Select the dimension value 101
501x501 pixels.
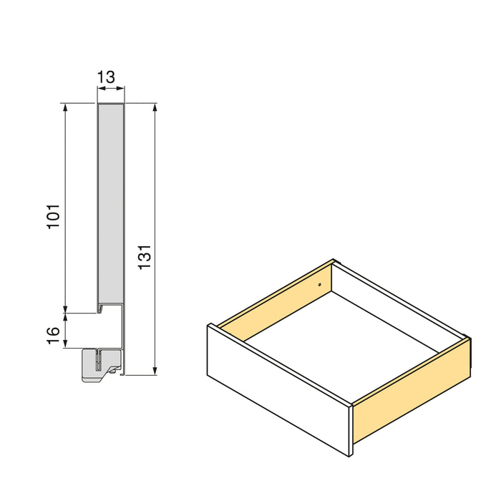(54, 216)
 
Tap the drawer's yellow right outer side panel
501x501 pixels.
(411, 391)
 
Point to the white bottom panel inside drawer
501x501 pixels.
(344, 336)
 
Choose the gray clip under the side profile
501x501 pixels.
(97, 364)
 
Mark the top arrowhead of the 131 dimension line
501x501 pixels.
(155, 107)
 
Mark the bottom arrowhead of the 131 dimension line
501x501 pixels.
(155, 371)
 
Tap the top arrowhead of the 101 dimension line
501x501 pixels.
(66, 107)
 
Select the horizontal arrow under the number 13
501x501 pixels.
(110, 89)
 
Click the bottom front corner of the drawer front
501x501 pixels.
(350, 456)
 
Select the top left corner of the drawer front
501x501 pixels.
(208, 326)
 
